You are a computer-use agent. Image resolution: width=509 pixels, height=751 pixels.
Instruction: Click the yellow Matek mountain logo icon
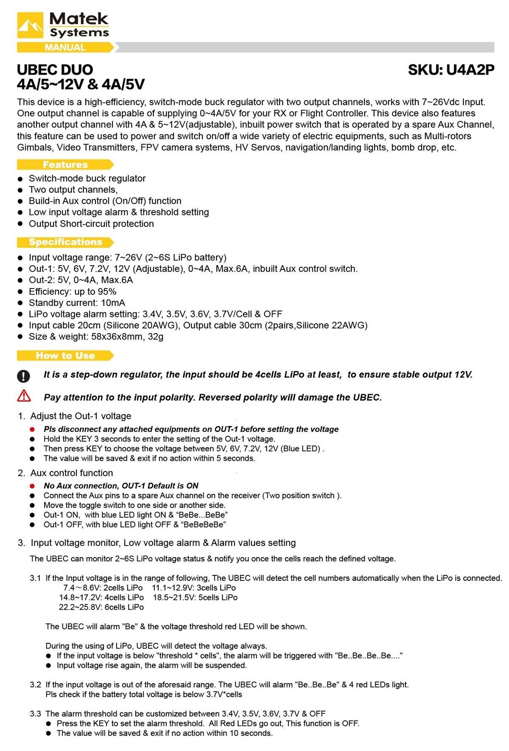[x=30, y=25]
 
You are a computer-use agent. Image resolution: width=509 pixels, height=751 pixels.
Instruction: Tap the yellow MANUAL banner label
[x=65, y=47]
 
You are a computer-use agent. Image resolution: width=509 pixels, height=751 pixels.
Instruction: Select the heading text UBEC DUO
[x=55, y=70]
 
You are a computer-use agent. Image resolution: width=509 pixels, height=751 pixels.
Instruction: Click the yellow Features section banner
[x=65, y=165]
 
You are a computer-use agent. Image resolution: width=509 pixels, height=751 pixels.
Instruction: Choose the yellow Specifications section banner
[x=65, y=242]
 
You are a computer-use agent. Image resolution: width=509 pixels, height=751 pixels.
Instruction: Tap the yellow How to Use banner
[x=65, y=356]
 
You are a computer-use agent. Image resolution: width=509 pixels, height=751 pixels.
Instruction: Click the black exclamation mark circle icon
[x=24, y=376]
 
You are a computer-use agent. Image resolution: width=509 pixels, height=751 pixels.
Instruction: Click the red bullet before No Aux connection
[x=32, y=486]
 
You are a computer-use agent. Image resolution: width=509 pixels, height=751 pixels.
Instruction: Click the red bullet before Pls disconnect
[x=32, y=429]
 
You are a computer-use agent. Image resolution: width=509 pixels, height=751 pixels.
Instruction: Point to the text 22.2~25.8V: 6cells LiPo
[x=101, y=607]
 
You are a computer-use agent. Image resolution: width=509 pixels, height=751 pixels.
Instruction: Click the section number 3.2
[x=35, y=684]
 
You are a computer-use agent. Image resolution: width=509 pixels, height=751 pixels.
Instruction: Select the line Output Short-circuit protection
[x=91, y=224]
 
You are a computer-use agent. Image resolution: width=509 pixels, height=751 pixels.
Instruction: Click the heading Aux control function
[x=72, y=473]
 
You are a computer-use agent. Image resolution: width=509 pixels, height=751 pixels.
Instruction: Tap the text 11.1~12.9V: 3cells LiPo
[x=194, y=588]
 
